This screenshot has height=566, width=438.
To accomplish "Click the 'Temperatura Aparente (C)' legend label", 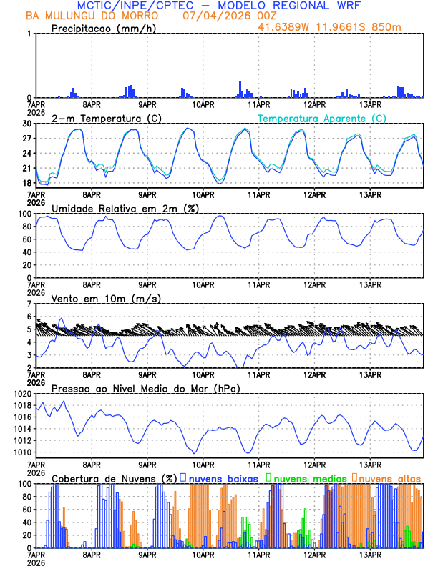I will (321, 118).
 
